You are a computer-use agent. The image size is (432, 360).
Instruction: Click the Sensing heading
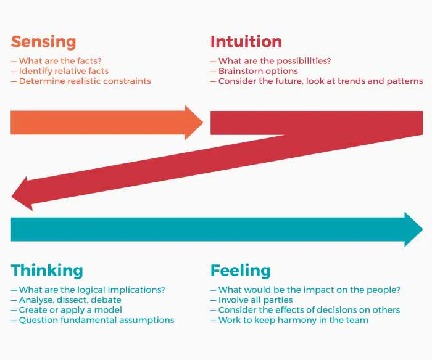[x=43, y=42]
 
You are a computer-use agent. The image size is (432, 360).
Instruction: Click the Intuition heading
[x=246, y=42]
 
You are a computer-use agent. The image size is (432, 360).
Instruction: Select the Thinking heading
[x=47, y=271]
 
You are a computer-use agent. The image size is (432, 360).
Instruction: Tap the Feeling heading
[x=241, y=271]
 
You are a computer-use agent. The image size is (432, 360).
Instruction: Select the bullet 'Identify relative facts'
[x=64, y=71]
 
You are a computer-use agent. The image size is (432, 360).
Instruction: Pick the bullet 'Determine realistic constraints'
[x=85, y=81]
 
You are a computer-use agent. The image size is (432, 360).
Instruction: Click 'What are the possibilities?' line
[x=275, y=61]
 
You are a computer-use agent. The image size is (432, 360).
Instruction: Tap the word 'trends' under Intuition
[x=354, y=81]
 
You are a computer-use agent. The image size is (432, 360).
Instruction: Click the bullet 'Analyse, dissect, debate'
[x=70, y=300]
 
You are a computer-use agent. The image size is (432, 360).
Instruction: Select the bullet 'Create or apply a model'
[x=70, y=310]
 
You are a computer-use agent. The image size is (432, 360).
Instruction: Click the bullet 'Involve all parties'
[x=255, y=300]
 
